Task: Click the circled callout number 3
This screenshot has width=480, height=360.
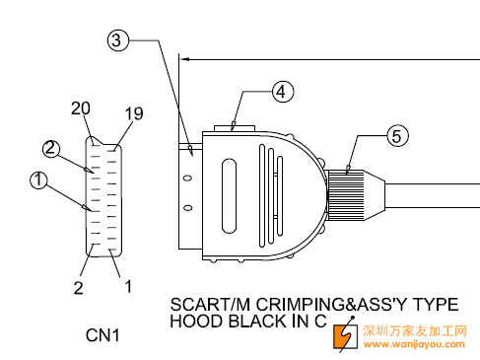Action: coord(117,40)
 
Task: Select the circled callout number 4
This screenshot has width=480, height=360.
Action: coord(283,92)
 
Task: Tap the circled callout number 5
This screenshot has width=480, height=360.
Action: coord(397,136)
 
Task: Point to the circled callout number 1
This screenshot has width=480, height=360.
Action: coord(38,180)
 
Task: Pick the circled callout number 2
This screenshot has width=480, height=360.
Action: coord(51,149)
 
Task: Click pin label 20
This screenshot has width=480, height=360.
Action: coord(81,108)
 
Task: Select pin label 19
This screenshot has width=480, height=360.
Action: coord(134,113)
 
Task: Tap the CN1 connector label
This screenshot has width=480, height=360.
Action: coord(103,335)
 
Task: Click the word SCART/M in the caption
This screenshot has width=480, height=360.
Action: coord(210,305)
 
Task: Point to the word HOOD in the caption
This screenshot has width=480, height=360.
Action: coord(195,322)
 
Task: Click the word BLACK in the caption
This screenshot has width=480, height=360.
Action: coord(257,322)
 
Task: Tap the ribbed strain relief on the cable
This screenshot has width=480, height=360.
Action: coord(346,195)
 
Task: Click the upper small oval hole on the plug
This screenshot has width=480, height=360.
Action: coord(187,179)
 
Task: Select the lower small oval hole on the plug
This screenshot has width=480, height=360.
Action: coord(187,208)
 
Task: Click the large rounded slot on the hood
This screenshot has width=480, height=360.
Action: coord(229,196)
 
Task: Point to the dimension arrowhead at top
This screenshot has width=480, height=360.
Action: coord(185,59)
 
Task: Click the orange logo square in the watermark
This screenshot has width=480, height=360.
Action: coord(345,336)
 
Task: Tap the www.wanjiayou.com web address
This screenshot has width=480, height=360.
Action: coord(414,344)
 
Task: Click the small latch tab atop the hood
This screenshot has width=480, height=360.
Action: coord(235,128)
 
